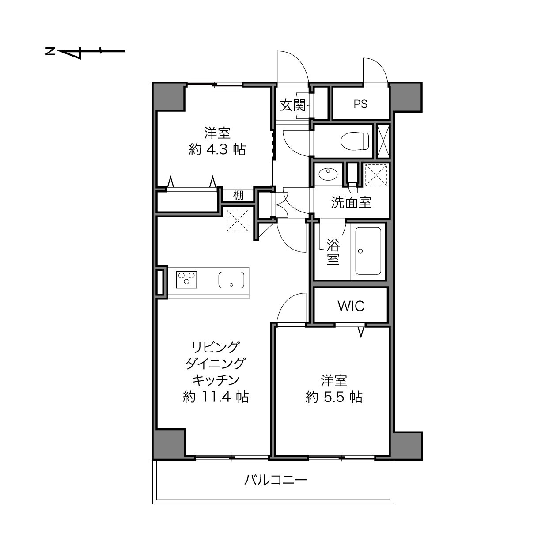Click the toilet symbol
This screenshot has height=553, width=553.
tap(355, 141)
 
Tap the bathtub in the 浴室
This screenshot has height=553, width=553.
tap(368, 251)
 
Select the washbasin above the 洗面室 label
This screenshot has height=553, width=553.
tap(328, 174)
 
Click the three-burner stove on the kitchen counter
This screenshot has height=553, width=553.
tap(186, 280)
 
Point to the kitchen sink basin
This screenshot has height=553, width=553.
tap(231, 280)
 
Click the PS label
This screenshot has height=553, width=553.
tap(360, 104)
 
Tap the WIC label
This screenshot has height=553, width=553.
tap(351, 306)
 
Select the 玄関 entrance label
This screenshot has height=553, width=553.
tap(293, 105)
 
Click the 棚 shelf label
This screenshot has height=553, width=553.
tap(238, 195)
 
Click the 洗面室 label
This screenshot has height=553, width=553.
tap(351, 202)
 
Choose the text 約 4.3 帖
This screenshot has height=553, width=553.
tap(217, 150)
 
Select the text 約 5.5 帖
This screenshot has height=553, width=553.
tap(334, 398)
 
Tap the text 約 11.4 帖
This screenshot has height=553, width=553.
tap(216, 397)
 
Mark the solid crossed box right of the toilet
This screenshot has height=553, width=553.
tap(383, 141)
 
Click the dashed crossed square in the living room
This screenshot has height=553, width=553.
tap(237, 220)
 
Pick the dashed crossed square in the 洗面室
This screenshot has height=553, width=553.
tap(376, 175)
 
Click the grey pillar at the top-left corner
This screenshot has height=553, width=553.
tap(169, 97)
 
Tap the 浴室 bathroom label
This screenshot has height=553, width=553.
tap(333, 252)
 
